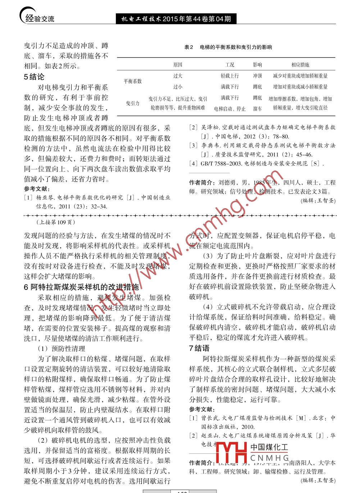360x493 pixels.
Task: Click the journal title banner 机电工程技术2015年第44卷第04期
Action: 176,19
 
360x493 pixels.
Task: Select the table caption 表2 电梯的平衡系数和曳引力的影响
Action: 228,47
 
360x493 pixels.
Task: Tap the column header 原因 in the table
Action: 178,65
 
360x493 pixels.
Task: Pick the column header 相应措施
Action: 300,65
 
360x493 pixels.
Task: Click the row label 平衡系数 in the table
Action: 133,81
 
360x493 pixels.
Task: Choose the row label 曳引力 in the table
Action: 133,103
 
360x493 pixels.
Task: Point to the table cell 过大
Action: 178,76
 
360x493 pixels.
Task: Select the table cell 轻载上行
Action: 230,76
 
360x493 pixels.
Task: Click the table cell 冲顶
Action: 258,76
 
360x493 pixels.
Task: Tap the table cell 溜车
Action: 258,109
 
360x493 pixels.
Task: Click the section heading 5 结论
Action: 34,77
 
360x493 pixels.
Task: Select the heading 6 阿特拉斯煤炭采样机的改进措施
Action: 81,287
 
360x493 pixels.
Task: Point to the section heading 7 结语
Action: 199,348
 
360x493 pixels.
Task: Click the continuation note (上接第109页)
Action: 56,222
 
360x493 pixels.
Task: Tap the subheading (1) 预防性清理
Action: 61,348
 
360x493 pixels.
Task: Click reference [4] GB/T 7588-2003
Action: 257,163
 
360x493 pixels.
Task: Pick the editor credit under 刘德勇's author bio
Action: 318,201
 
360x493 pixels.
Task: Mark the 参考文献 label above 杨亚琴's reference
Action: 37,189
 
